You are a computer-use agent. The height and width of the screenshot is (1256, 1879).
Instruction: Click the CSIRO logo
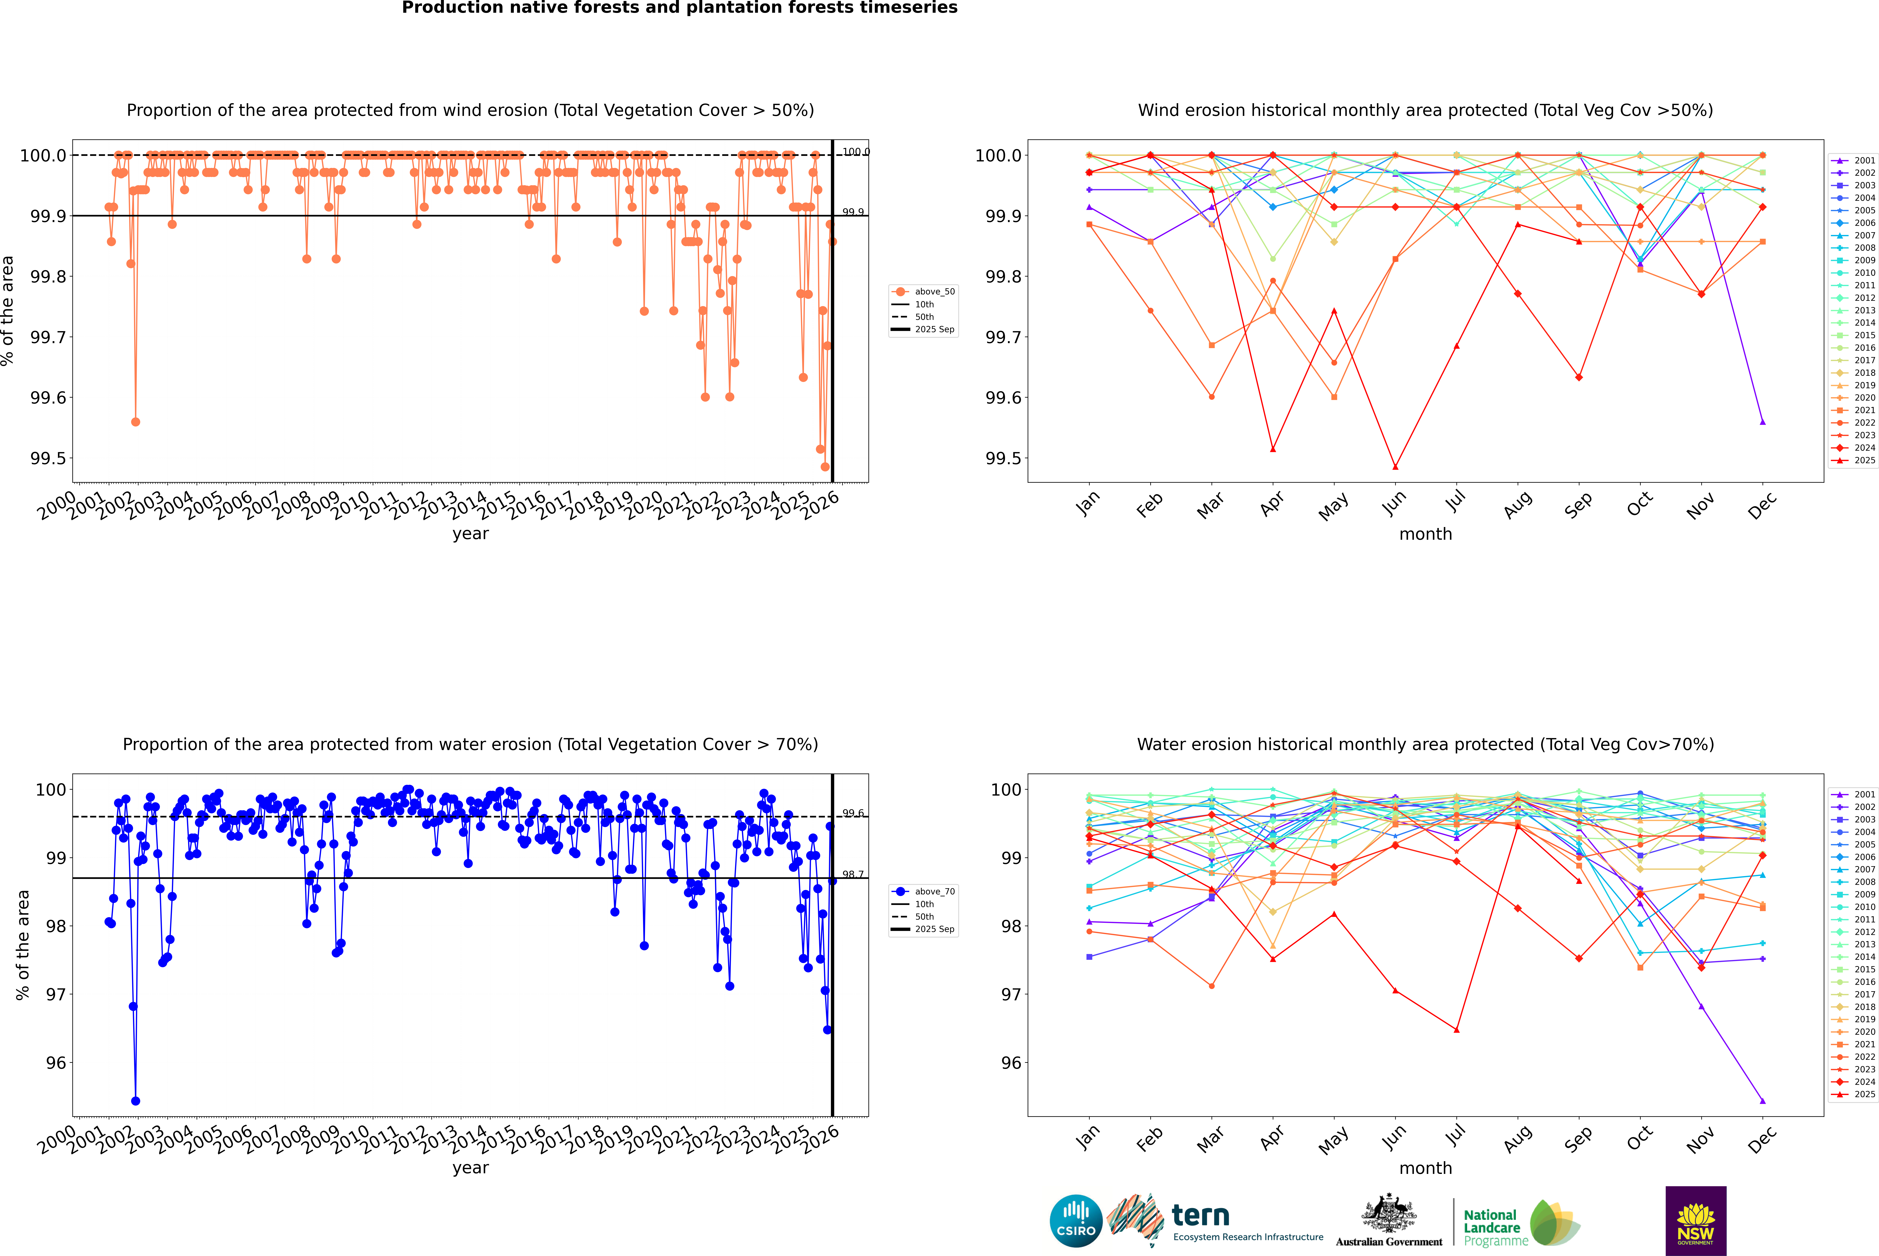(1076, 1221)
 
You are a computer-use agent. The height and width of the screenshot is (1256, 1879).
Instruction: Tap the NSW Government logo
(1696, 1221)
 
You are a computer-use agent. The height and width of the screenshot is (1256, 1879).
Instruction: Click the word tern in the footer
(1200, 1215)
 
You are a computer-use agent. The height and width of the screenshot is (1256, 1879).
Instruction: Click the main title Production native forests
(679, 8)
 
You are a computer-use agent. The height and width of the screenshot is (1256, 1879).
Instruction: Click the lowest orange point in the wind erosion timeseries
(825, 467)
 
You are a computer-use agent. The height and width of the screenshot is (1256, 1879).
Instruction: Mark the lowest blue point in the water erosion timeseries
(135, 1101)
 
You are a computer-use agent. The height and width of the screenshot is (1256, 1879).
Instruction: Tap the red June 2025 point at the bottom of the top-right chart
(1395, 467)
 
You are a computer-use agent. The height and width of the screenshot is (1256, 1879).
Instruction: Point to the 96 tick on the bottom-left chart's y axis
(56, 1063)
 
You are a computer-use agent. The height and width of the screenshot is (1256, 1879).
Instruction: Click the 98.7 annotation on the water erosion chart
(853, 875)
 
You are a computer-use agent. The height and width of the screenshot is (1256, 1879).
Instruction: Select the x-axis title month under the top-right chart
(1425, 534)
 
